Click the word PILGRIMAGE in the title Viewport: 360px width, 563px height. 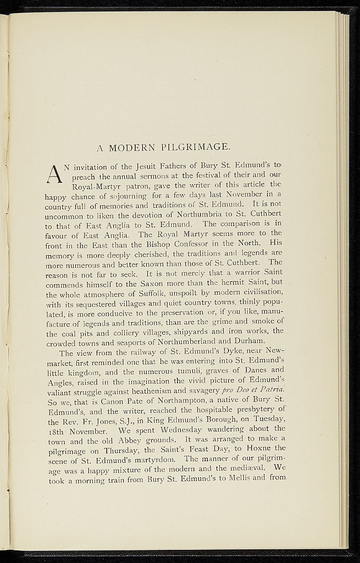tap(196, 147)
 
